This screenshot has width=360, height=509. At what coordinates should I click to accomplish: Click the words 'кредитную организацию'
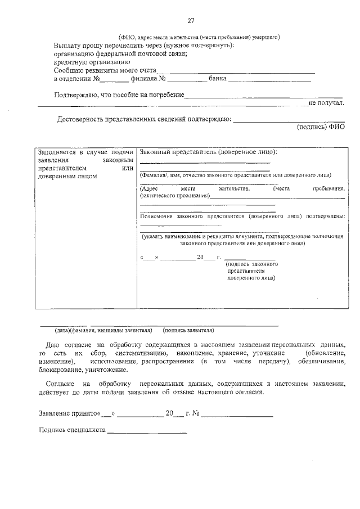[x=92, y=62]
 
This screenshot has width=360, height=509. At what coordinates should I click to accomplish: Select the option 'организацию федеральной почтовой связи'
[x=120, y=54]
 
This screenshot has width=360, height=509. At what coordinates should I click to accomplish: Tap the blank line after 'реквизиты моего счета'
[x=236, y=71]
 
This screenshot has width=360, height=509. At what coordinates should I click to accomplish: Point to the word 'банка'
[x=217, y=79]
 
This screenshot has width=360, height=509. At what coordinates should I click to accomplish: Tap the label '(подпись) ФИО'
[x=321, y=127]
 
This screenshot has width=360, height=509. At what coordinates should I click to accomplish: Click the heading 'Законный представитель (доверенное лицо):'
[x=209, y=152]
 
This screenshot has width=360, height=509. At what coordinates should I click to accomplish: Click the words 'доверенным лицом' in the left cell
[x=67, y=176]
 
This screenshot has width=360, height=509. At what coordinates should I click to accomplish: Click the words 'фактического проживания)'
[x=174, y=195]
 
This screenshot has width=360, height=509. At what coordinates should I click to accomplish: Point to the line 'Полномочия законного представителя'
[x=242, y=216]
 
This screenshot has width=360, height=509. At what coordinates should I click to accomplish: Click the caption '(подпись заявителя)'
[x=188, y=330]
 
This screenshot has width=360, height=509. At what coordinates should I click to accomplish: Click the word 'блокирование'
[x=60, y=370]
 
